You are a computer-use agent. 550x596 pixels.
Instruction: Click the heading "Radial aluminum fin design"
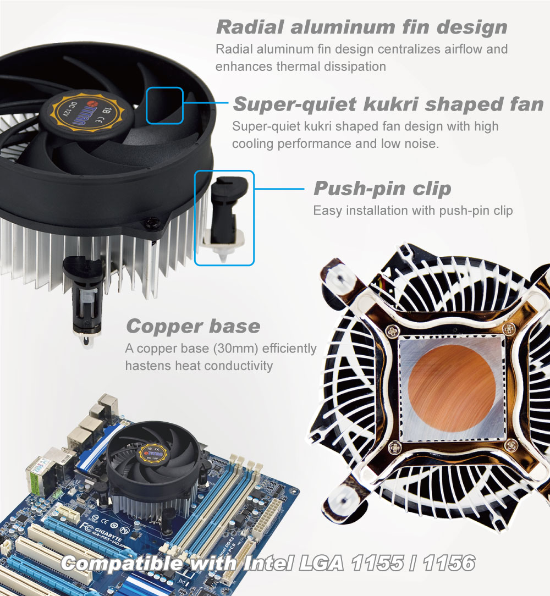tap(362, 27)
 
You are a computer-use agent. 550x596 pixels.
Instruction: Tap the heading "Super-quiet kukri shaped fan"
tap(388, 104)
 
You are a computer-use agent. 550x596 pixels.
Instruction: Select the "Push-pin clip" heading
tap(382, 189)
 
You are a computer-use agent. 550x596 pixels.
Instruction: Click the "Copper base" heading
tap(193, 326)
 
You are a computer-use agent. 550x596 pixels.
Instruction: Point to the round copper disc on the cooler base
tap(452, 388)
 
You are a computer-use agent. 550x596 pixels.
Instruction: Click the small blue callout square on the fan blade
tap(164, 105)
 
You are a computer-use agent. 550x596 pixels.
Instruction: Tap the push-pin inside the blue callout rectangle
tap(225, 217)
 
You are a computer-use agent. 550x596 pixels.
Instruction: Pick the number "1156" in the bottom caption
tap(449, 563)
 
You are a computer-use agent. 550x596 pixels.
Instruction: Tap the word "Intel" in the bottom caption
tap(268, 563)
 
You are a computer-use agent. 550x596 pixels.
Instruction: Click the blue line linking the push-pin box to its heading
tap(279, 189)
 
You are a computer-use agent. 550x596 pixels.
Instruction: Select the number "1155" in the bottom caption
tap(377, 563)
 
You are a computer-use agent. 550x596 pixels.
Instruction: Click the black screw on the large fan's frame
tap(152, 223)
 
